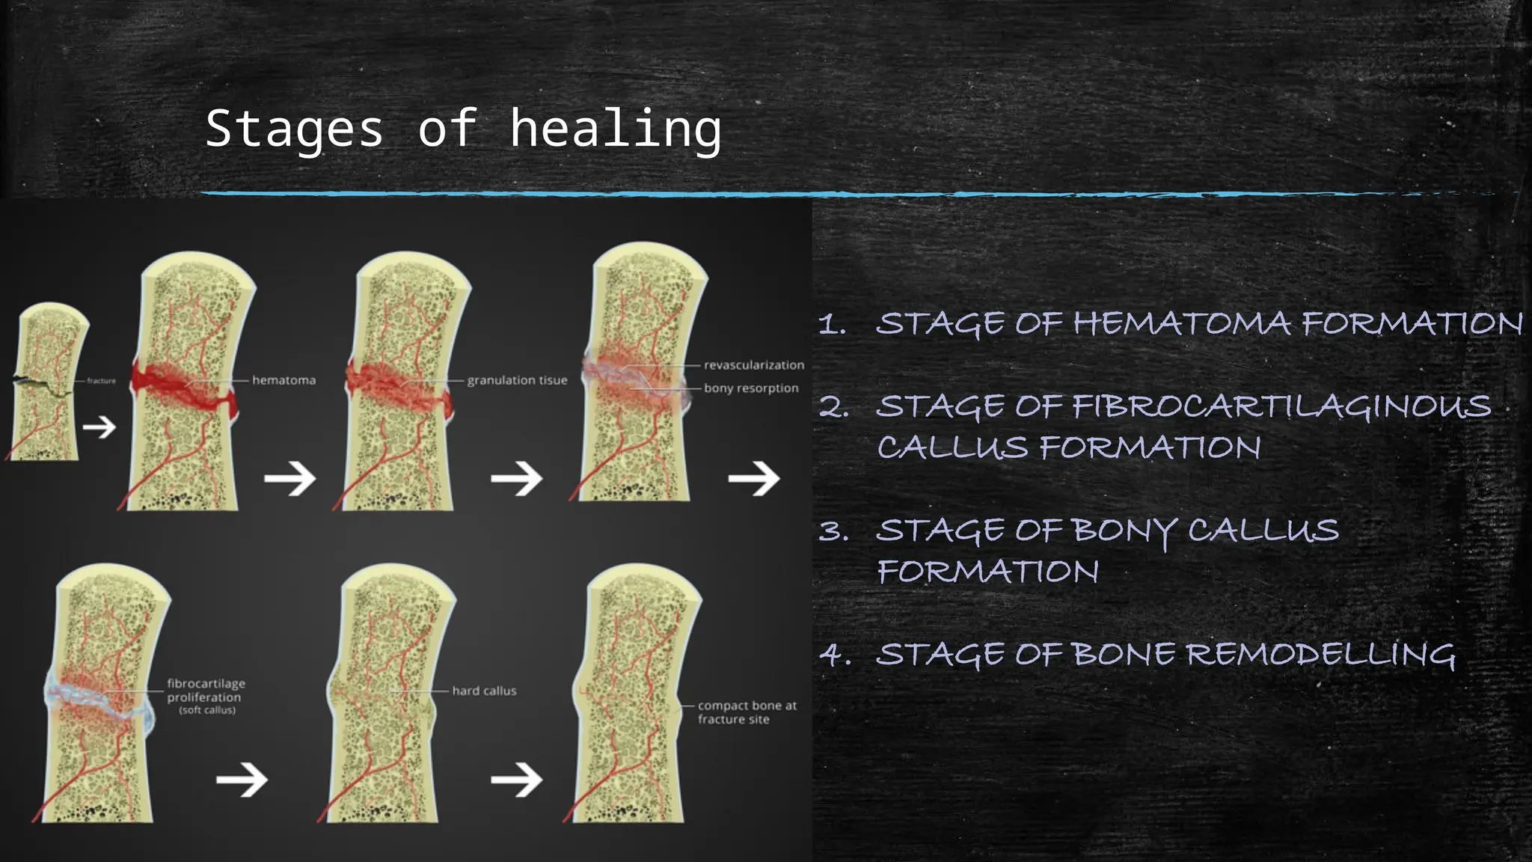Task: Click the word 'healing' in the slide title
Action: pos(615,129)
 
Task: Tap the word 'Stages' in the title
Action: pos(294,129)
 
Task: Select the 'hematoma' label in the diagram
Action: pos(284,380)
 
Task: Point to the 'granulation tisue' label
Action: pos(517,380)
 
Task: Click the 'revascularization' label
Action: pos(753,365)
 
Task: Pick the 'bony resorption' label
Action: pos(751,388)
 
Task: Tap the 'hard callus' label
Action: pos(484,691)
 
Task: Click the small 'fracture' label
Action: pos(101,381)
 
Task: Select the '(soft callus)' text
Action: pos(207,710)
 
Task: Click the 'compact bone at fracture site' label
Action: pos(747,712)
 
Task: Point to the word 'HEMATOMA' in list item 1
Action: pos(1182,324)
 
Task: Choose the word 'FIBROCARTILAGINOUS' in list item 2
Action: pos(1281,407)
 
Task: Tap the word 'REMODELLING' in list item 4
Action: pos(1320,655)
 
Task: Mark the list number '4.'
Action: pos(835,655)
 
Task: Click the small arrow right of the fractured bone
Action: pos(99,427)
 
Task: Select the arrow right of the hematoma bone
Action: pos(289,478)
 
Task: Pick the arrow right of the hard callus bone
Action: pos(516,780)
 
